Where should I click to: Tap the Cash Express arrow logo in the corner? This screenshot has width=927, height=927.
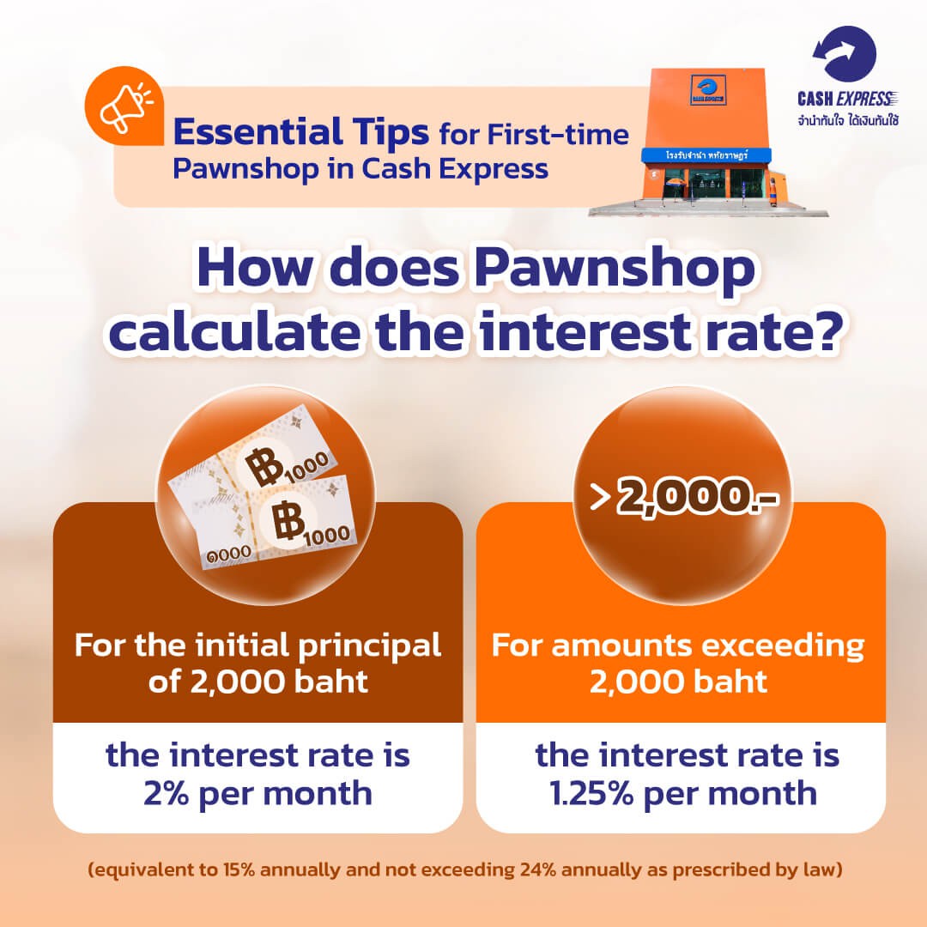point(845,53)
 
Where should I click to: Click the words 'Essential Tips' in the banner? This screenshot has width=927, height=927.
point(301,132)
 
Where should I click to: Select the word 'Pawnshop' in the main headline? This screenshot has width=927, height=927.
point(615,269)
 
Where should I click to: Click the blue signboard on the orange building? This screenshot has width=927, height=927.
point(706,154)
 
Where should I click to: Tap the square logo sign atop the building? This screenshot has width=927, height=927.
point(708,90)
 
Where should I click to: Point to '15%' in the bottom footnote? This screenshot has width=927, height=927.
point(239,869)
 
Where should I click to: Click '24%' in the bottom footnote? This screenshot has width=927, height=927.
point(538,869)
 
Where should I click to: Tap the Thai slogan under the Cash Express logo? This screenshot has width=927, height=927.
point(848,121)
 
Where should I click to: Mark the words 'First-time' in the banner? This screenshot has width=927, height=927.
point(558,135)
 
